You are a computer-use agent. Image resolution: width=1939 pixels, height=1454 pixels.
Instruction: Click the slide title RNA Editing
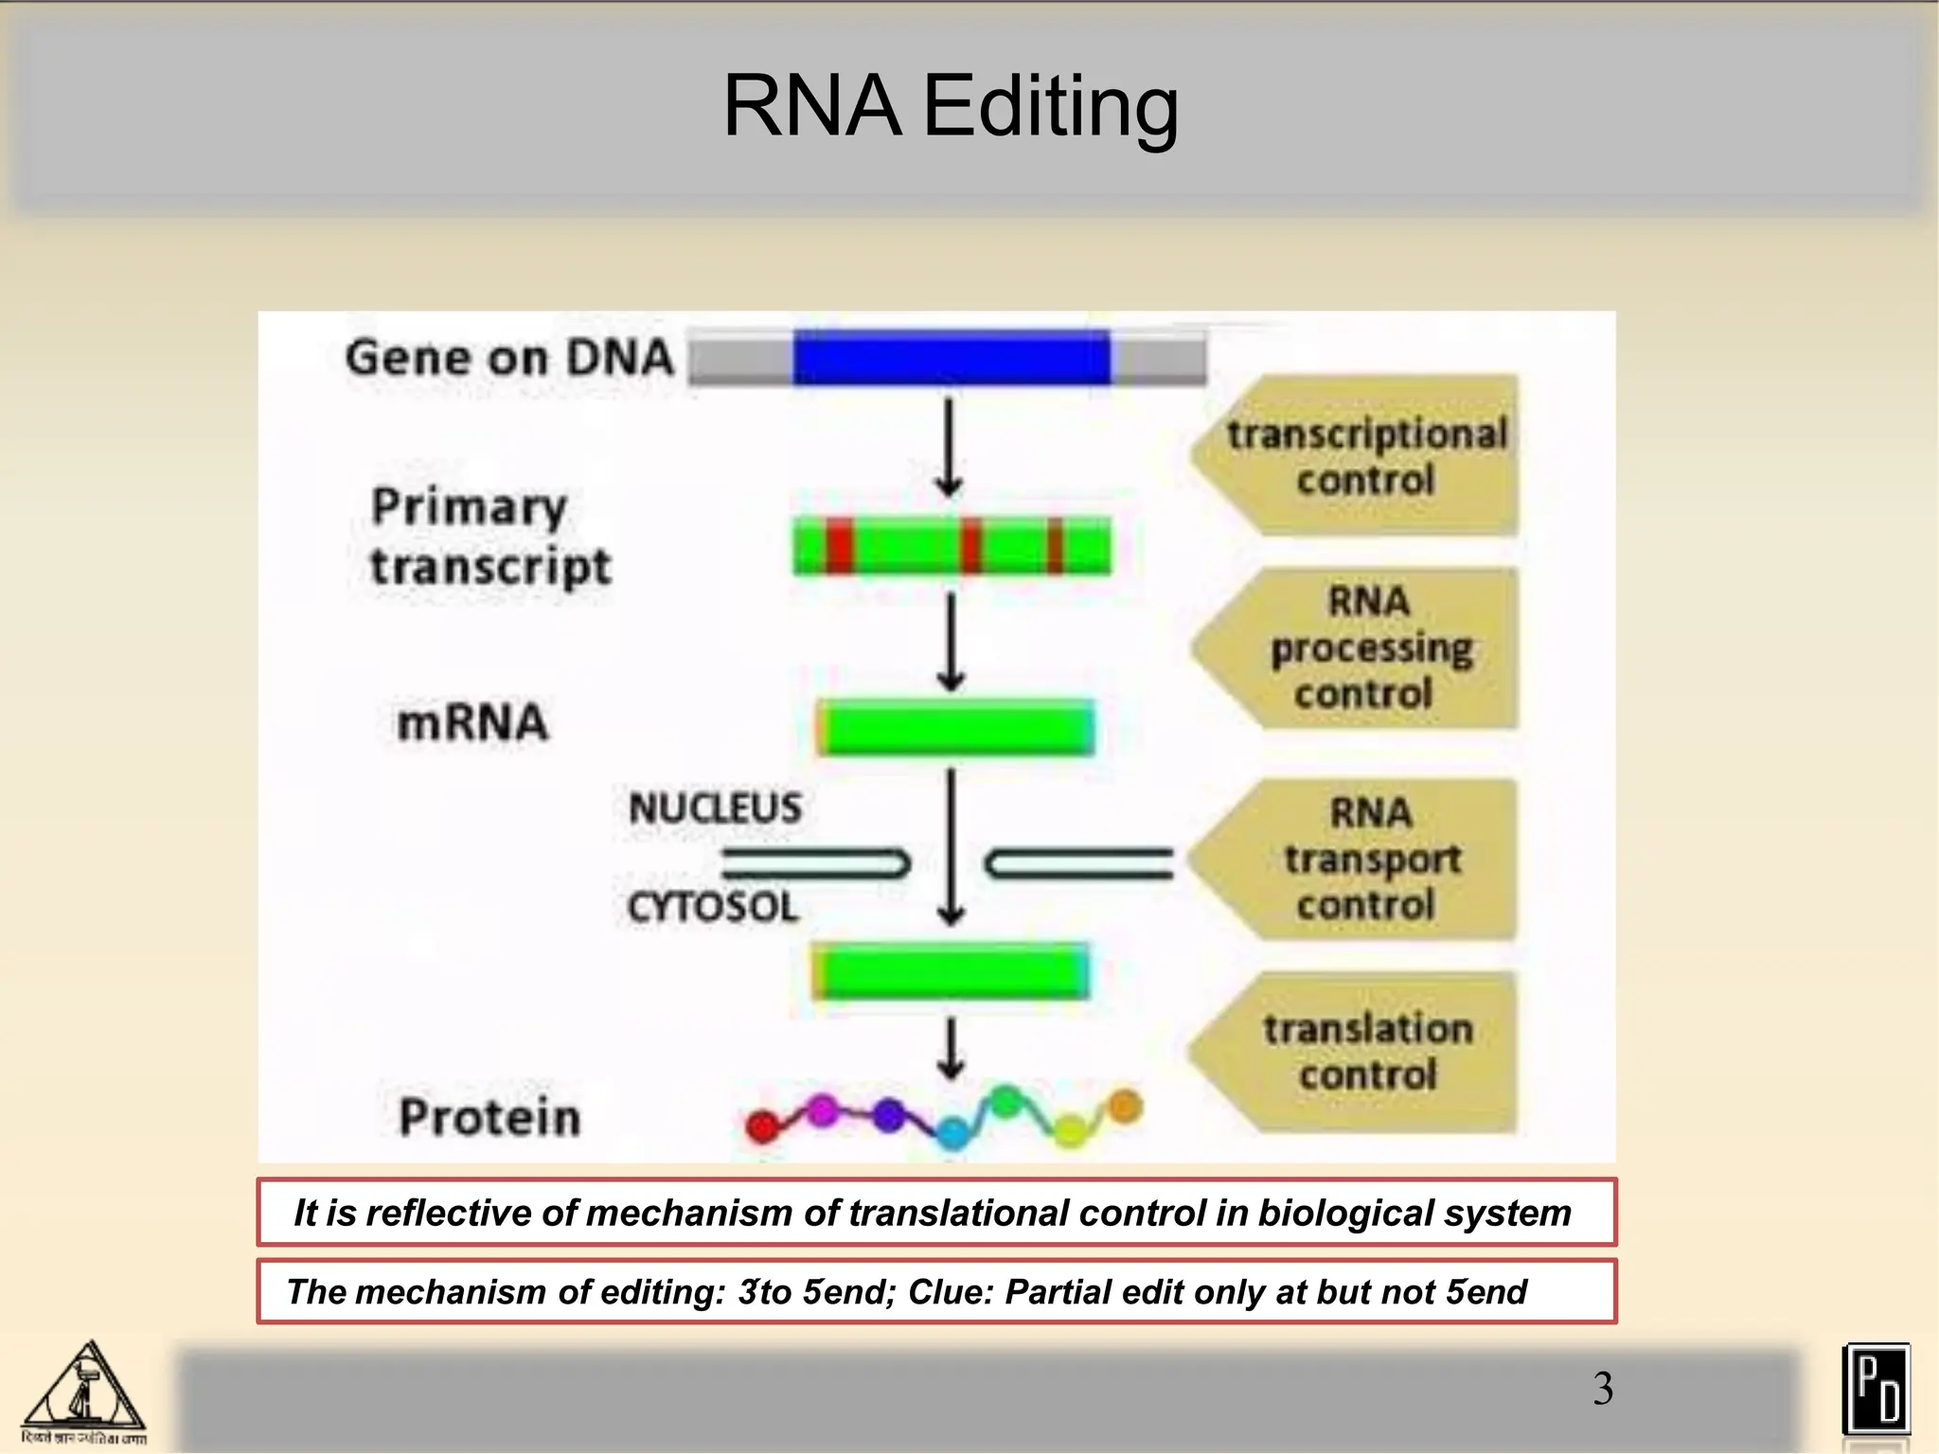coord(951,106)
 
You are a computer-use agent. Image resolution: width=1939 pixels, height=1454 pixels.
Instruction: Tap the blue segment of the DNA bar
coord(951,357)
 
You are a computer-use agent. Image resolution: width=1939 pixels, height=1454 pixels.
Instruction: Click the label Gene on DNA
coord(509,358)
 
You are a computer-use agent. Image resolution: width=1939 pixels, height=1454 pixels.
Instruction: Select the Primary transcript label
coord(489,537)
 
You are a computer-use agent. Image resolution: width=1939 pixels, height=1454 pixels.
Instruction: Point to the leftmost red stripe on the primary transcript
coord(839,546)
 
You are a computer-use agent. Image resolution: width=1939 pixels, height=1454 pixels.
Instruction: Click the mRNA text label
coord(472,722)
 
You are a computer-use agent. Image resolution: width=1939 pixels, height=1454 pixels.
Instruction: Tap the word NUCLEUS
coord(715,808)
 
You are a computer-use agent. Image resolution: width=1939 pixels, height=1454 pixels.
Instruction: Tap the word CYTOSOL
coord(713,908)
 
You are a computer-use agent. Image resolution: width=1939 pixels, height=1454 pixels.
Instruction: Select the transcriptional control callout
coord(1363,456)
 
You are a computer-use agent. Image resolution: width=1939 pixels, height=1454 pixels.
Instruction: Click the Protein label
coord(489,1117)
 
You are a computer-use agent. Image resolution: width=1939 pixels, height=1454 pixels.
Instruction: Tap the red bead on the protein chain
coord(762,1126)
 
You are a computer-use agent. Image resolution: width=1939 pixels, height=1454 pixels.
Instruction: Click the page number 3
coord(1602,1389)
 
